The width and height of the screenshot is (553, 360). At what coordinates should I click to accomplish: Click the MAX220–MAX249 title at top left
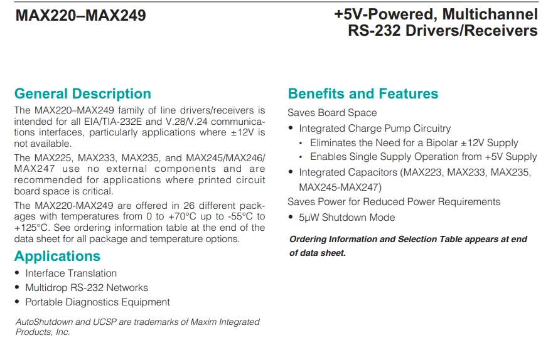81,16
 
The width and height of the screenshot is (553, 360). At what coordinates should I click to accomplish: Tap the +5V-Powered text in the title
386,14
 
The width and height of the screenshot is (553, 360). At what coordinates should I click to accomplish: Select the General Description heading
82,93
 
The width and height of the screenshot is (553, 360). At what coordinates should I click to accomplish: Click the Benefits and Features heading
363,93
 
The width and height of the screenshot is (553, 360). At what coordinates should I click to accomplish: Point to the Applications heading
57,256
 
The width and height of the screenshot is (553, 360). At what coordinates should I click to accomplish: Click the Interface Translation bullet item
71,273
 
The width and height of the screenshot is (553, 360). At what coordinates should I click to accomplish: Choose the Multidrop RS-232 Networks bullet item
87,288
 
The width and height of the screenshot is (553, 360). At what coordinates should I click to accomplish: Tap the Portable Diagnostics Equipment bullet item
97,302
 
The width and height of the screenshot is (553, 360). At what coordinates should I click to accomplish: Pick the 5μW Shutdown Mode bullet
346,218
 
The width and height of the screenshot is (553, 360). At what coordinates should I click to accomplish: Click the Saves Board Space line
332,113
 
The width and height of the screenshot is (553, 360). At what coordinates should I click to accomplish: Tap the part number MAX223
422,172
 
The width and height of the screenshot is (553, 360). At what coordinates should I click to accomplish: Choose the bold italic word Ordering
308,240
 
